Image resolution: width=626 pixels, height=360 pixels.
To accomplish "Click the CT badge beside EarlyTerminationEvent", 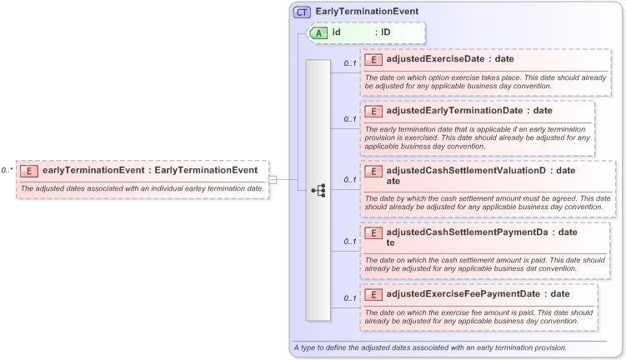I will click(x=302, y=12).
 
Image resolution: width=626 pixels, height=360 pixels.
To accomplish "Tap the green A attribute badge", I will click(x=318, y=32).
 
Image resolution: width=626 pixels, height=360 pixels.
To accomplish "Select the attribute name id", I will click(x=336, y=32).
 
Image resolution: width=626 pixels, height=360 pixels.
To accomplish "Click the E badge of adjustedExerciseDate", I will click(x=374, y=59).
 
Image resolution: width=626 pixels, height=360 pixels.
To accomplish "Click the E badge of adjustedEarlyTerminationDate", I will click(x=374, y=110).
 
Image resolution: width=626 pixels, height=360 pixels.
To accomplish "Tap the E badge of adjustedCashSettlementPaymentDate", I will click(x=374, y=232).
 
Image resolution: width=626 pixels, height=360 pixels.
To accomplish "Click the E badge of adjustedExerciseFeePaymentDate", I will click(x=374, y=293).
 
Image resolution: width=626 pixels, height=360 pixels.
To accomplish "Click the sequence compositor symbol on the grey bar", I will click(x=318, y=190).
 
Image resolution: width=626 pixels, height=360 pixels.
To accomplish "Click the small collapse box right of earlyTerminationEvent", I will click(x=273, y=179).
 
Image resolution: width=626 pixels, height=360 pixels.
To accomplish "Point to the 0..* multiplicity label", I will click(x=7, y=170).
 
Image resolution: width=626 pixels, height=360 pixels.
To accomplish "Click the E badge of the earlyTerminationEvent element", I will click(x=29, y=171).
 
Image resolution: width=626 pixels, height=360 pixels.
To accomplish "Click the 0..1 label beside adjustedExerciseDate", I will click(x=350, y=63).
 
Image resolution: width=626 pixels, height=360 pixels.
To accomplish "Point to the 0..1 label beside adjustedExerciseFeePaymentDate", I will click(x=350, y=297).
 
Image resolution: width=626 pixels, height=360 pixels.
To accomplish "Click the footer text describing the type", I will click(x=430, y=347).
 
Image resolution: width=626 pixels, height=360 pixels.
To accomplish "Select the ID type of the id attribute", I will click(x=386, y=32).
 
